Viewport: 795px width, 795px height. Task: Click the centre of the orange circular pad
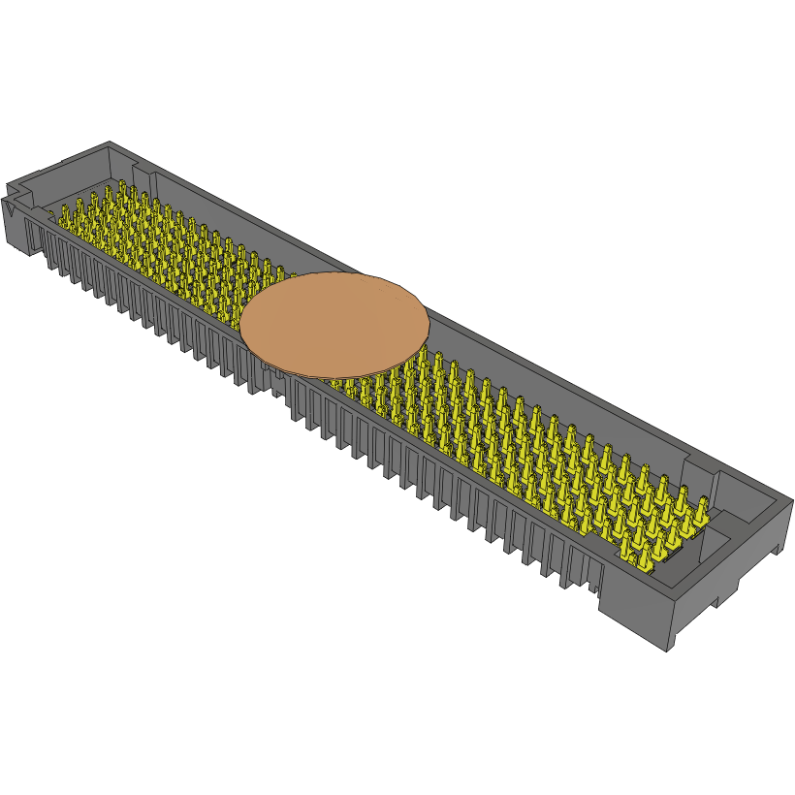[334, 325]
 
